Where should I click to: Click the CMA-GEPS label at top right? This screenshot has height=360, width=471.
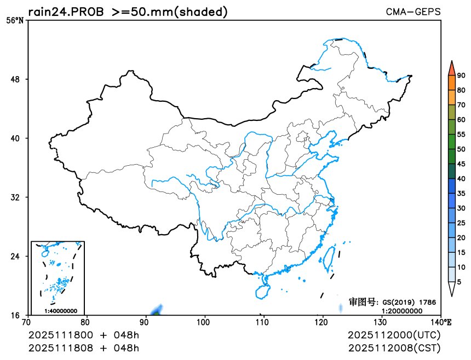pos(413,11)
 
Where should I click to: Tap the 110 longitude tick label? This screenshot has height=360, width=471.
pos(263,321)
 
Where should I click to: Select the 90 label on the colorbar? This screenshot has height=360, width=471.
pos(461,76)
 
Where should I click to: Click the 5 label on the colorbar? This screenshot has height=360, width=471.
pos(459,282)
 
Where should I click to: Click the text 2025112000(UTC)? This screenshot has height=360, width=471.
pos(394,335)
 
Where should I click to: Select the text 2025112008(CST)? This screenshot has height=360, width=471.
pos(394,347)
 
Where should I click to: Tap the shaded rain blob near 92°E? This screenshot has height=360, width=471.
pos(158,310)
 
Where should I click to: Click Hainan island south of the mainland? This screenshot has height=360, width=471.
pos(263,287)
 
